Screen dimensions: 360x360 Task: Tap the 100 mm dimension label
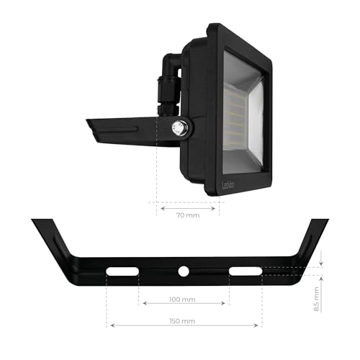(184, 299)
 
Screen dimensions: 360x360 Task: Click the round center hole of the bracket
(184, 271)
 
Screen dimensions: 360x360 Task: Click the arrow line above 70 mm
(189, 206)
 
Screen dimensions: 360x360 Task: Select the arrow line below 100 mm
(184, 305)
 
